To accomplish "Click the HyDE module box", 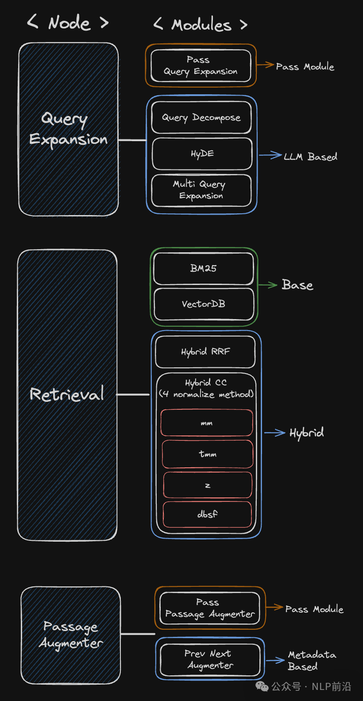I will coord(202,154).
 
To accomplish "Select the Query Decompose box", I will coord(201,118).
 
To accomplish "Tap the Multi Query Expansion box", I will coord(201,190).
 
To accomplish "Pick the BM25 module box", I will coord(203,268).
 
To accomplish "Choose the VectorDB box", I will coord(204,304).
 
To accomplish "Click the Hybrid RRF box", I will coord(205,352).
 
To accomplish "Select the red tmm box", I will coord(207,454).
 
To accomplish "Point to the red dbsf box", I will coord(207,514).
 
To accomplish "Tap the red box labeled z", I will coord(207,485).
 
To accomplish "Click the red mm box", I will coord(207,423).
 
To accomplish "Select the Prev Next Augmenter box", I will coord(210,659).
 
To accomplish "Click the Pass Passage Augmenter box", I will coord(210,608).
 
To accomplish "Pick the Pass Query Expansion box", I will coord(201,65).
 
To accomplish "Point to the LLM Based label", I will coord(310,157).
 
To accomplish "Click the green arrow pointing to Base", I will coord(268,285).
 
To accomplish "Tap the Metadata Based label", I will coord(311,660).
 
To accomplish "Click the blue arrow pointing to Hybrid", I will coord(274,433).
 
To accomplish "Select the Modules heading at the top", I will coord(201,25).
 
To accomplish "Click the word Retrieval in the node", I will coord(67,394).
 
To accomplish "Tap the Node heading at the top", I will coord(69,23).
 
